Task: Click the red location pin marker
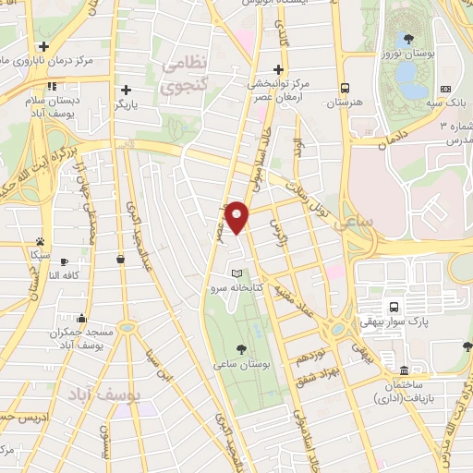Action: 236,217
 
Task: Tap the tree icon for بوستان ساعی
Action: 241,348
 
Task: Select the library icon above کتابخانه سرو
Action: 237,273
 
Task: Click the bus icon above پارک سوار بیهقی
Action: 394,306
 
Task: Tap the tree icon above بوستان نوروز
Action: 407,40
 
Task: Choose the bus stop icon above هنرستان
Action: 345,88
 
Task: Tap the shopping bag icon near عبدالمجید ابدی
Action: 120,261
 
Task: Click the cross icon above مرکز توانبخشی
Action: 278,69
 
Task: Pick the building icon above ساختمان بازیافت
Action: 404,370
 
